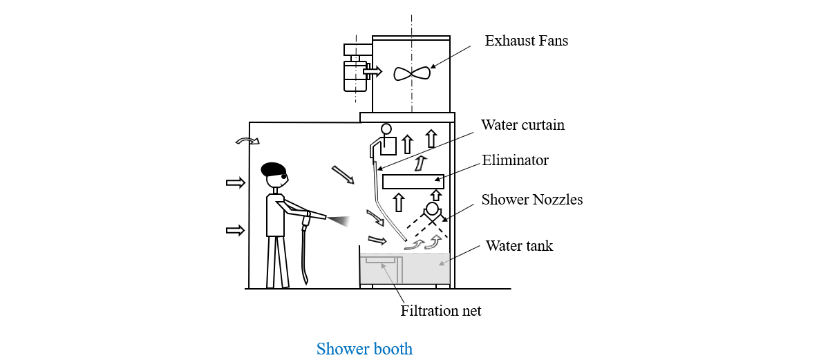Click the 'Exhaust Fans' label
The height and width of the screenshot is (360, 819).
click(526, 41)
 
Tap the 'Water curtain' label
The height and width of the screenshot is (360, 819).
click(523, 125)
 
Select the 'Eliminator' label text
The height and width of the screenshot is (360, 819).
click(515, 161)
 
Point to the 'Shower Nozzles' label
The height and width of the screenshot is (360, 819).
click(532, 200)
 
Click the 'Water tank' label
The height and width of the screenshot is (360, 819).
click(519, 246)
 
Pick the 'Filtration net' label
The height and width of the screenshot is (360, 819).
click(440, 311)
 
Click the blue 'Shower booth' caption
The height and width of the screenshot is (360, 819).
click(364, 349)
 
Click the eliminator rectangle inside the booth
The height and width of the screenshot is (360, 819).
click(413, 182)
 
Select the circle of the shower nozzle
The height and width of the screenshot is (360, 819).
click(433, 209)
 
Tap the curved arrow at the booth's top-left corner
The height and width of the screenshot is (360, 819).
click(247, 142)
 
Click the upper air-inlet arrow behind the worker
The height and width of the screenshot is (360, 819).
click(236, 182)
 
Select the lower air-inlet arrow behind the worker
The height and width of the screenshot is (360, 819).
click(236, 230)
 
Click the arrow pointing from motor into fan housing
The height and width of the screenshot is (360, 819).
click(373, 71)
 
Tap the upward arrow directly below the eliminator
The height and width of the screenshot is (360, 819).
click(398, 203)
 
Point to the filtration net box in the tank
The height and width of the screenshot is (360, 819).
click(381, 260)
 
